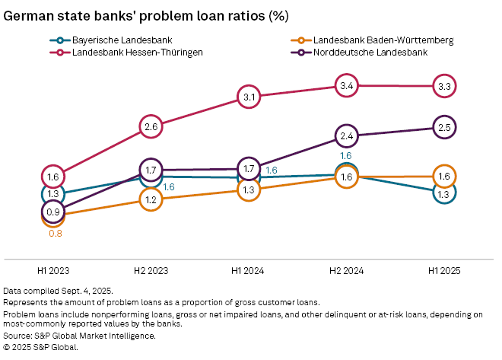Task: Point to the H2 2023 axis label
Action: point(151,269)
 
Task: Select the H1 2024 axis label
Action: point(248,269)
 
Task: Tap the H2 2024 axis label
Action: point(346,269)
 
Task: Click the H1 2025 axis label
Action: point(444,269)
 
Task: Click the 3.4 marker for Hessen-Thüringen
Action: point(346,87)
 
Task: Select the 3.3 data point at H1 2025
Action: point(444,87)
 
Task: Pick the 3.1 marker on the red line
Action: point(248,97)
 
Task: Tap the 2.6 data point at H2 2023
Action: point(151,126)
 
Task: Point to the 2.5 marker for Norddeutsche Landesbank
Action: point(444,127)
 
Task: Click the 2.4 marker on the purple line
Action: point(346,136)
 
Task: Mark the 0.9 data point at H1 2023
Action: point(53,212)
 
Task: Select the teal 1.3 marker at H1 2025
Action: point(444,193)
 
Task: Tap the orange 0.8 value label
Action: point(55,234)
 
